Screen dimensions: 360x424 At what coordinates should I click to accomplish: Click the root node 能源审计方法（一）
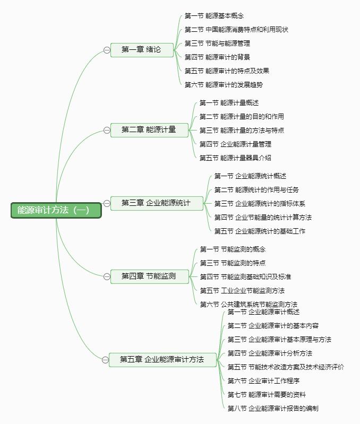[56, 210]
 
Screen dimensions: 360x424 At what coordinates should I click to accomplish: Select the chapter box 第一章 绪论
[142, 50]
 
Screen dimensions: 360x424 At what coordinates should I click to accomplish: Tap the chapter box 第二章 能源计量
[149, 130]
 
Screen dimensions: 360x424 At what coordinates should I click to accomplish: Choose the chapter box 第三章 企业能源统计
[157, 203]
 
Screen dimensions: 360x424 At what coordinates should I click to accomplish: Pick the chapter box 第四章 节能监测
[150, 276]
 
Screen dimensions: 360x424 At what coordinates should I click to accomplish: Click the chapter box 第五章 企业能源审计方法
[163, 360]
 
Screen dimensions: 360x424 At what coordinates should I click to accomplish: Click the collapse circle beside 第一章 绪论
[107, 50]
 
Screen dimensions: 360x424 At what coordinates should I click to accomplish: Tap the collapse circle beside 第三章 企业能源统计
[107, 203]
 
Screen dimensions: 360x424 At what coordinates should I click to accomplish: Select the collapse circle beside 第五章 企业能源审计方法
[105, 360]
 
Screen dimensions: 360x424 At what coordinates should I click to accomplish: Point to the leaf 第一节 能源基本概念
[214, 16]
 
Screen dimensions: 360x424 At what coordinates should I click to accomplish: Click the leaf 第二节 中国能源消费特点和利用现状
[236, 30]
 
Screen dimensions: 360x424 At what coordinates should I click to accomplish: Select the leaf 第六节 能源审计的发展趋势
[224, 84]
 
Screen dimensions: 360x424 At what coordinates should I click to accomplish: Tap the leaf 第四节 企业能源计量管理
[235, 144]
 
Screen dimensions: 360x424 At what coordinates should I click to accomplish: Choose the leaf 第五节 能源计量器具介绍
[235, 158]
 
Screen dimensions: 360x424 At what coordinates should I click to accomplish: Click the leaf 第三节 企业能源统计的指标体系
[260, 204]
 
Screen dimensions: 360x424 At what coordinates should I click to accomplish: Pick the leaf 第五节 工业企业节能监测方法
[242, 291]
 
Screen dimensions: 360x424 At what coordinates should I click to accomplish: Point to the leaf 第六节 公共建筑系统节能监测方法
[248, 305]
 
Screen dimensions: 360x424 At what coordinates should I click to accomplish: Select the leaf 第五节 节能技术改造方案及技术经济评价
[286, 367]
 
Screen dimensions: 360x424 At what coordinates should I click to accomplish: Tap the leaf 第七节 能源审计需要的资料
[267, 394]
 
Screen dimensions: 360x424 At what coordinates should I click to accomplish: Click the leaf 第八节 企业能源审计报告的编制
[273, 408]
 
